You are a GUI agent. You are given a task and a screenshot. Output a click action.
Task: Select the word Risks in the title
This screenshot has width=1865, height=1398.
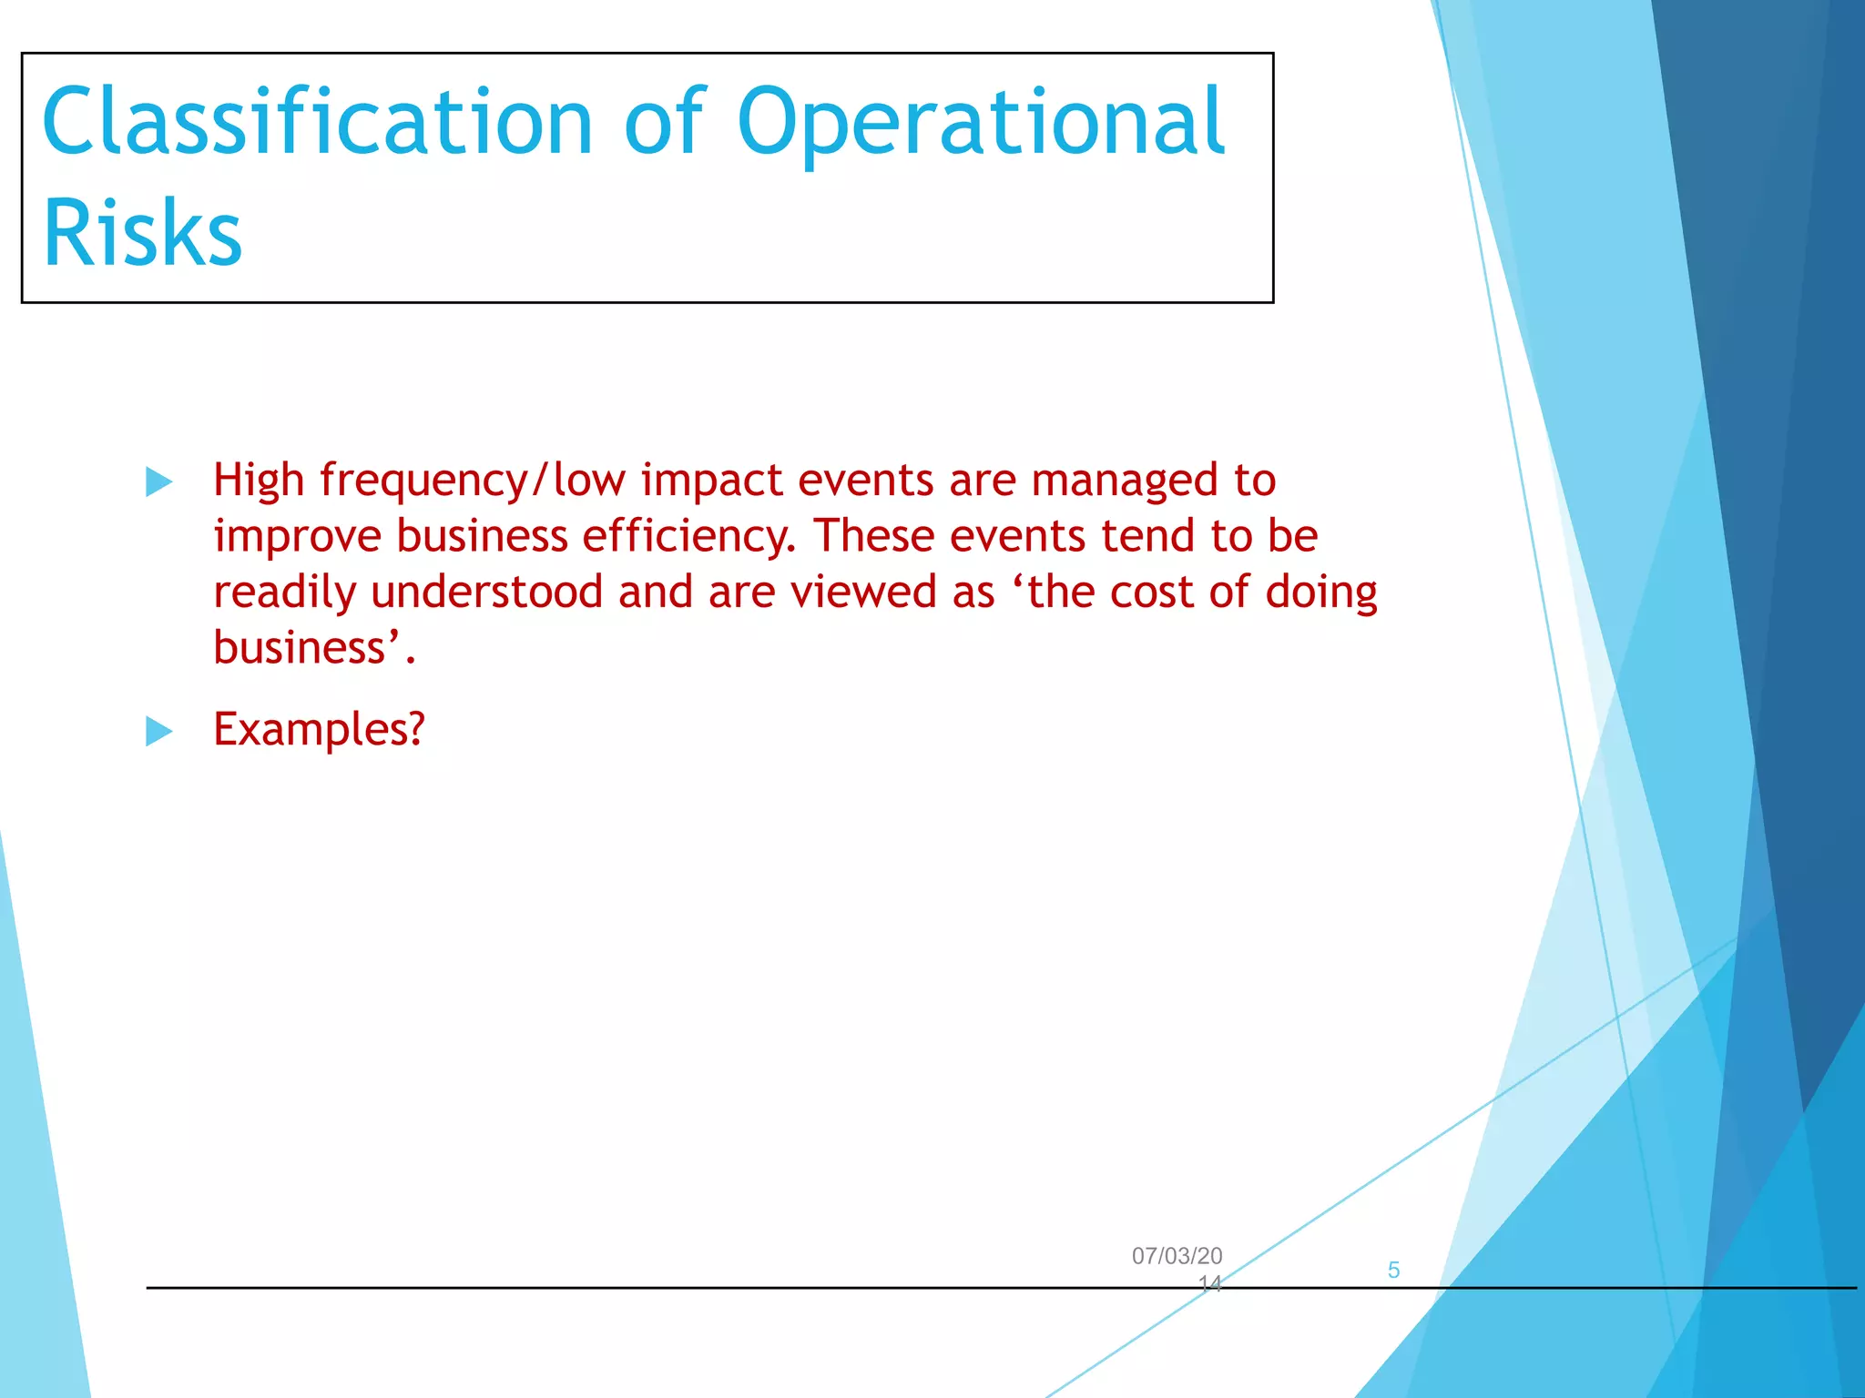[142, 233]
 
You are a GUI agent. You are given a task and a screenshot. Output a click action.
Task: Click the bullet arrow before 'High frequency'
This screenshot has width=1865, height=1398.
[158, 481]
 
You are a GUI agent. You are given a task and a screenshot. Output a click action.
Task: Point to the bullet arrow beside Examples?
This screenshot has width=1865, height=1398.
[158, 731]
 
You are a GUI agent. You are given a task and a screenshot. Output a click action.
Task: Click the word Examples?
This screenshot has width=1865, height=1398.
[319, 730]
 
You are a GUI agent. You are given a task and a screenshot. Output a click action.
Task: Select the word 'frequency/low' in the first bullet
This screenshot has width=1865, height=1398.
[473, 481]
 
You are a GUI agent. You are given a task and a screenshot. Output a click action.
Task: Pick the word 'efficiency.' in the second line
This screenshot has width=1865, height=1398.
[688, 536]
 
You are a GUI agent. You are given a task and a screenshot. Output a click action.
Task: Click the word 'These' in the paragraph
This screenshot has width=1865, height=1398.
[873, 535]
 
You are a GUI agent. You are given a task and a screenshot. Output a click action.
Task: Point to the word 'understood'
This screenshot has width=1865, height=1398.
[486, 592]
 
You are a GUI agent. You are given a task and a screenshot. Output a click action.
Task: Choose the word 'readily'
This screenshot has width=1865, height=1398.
[284, 593]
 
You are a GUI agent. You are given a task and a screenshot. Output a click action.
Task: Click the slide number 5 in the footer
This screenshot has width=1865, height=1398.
[1393, 1270]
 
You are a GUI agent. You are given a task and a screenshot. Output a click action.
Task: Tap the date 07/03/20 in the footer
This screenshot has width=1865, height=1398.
[1177, 1256]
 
